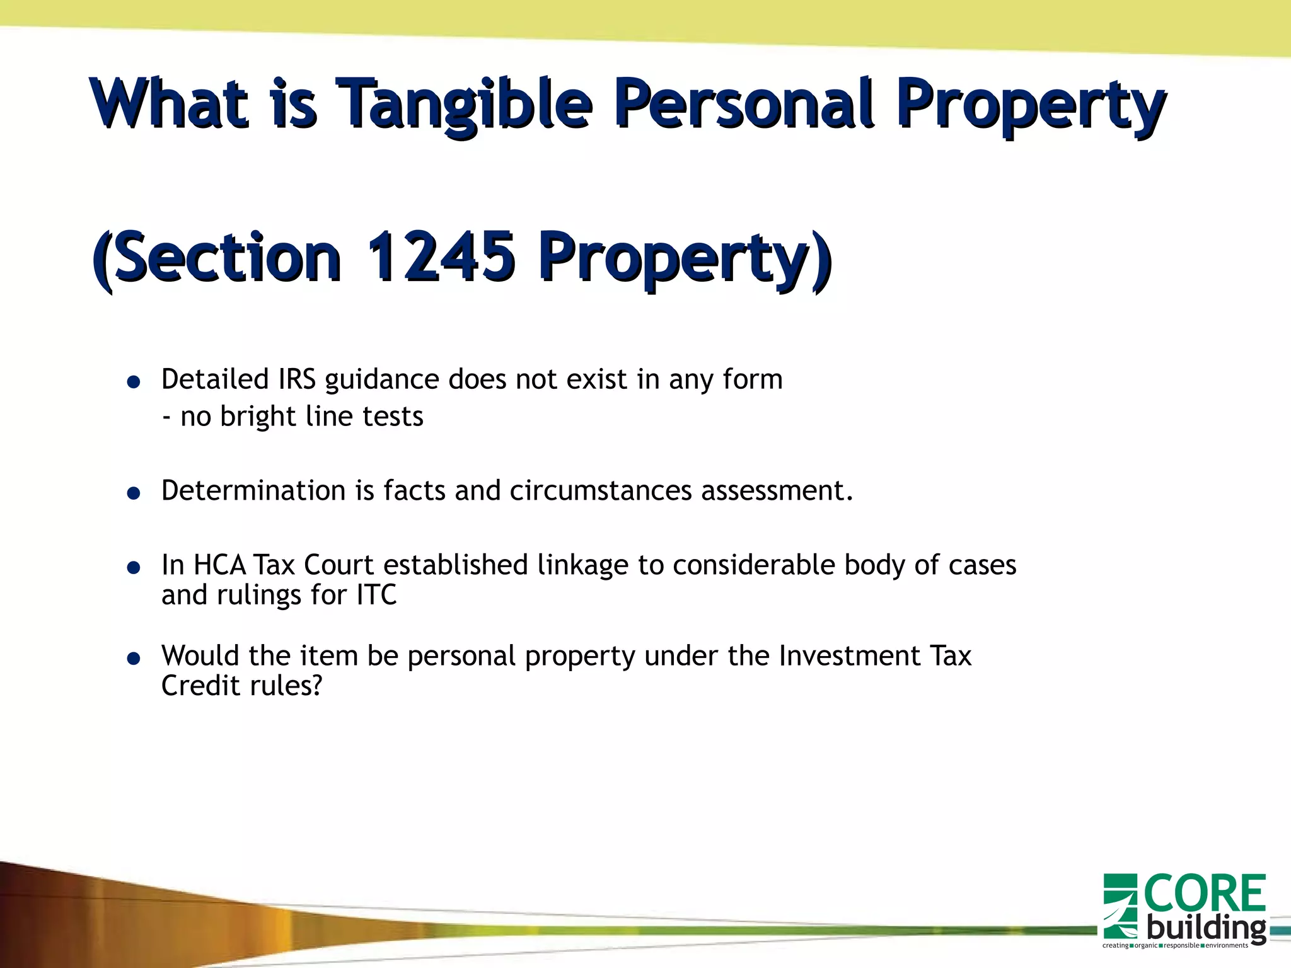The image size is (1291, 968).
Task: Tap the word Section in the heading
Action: click(x=227, y=256)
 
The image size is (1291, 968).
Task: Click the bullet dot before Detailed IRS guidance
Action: click(x=133, y=382)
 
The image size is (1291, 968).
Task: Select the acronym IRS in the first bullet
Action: click(x=296, y=379)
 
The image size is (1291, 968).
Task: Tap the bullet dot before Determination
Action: click(x=133, y=493)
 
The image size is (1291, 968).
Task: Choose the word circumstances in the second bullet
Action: click(x=600, y=490)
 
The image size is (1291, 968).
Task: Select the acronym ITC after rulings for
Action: click(x=376, y=595)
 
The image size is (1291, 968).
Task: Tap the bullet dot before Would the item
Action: click(x=133, y=659)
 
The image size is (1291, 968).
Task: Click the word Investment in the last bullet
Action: click(x=849, y=655)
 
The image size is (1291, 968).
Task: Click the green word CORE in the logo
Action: click(x=1204, y=894)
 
